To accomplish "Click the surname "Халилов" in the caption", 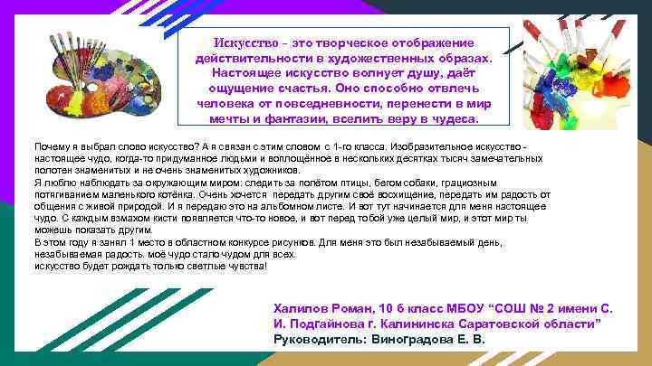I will coord(302,307).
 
